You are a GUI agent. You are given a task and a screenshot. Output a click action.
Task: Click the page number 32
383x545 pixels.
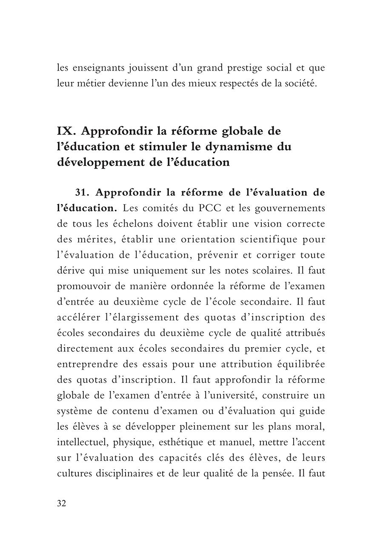[61, 503]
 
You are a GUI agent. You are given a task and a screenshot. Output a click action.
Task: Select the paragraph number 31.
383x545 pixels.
[84, 192]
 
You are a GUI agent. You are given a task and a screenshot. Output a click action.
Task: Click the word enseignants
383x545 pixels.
[94, 67]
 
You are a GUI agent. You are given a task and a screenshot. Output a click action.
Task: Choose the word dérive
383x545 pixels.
[69, 271]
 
